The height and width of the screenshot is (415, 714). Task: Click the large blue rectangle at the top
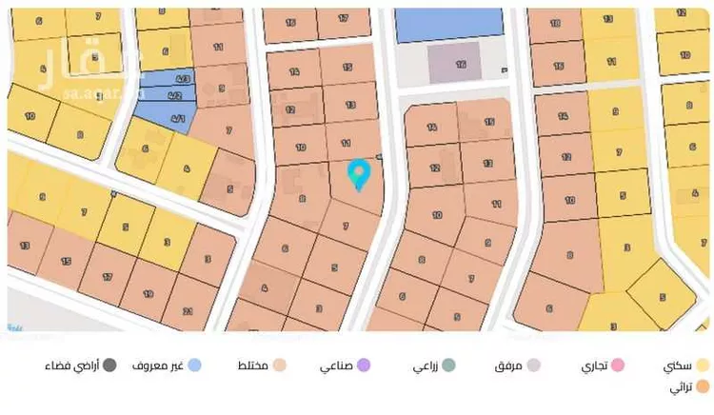click(447, 23)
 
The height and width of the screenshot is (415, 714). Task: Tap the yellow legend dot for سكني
click(703, 365)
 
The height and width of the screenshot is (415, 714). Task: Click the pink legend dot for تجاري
click(617, 365)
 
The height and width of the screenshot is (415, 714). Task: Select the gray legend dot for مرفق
click(534, 365)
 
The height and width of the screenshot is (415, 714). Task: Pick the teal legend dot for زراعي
click(448, 365)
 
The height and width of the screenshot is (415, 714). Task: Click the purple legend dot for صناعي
click(363, 365)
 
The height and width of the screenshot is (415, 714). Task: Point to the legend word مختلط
click(251, 365)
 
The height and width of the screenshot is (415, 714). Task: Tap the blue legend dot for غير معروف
click(194, 365)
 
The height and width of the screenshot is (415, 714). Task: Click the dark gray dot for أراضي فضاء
click(110, 365)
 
